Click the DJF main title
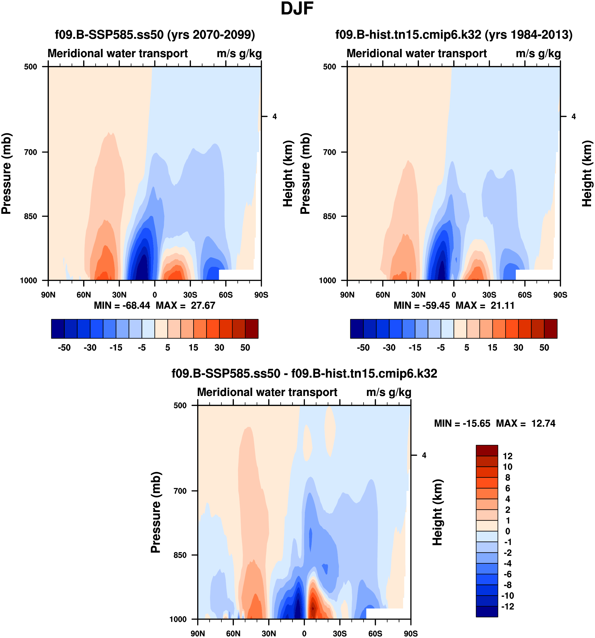point(297,9)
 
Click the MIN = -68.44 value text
point(122,305)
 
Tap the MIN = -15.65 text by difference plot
point(462,423)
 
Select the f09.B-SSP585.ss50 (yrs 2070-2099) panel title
point(155,35)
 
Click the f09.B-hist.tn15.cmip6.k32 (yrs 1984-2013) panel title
point(454,35)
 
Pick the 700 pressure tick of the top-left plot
point(31,152)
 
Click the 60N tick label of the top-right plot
point(382,295)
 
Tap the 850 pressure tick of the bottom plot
point(180,555)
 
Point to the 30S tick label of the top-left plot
point(190,295)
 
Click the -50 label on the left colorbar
point(64,348)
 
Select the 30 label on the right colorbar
point(518,348)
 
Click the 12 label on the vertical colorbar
point(507,456)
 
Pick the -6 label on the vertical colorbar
point(507,574)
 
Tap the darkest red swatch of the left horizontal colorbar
point(252,329)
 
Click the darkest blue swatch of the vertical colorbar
point(487,611)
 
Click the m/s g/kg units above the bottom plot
point(389,392)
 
